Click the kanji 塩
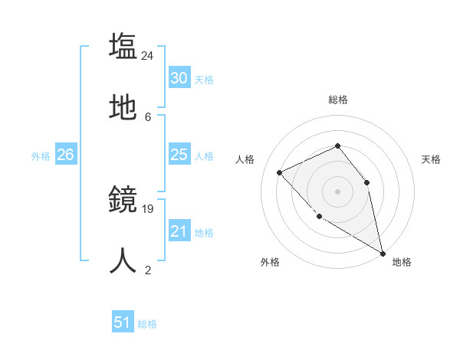point(123,46)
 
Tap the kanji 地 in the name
point(123,109)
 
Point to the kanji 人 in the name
point(123,260)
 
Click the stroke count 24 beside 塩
point(148,55)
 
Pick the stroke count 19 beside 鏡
point(148,208)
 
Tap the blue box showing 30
point(179,78)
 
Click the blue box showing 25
point(179,155)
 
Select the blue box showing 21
point(179,231)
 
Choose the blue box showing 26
point(65,155)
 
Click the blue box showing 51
point(123,322)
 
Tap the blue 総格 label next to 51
point(147,324)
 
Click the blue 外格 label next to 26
point(41,156)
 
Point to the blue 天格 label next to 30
point(204,80)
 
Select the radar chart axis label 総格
point(337,100)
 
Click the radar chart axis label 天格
point(431,159)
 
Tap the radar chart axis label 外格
point(270,262)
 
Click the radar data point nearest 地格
point(383,253)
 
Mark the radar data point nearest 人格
point(280,172)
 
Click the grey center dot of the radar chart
point(337,191)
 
